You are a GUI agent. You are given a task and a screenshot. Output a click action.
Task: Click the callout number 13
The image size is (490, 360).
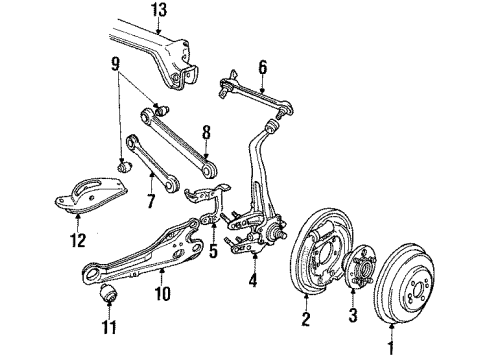[x=159, y=10]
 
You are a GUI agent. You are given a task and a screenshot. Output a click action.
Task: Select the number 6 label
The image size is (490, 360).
[x=263, y=68]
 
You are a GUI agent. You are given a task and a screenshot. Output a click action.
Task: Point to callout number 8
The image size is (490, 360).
[x=206, y=133]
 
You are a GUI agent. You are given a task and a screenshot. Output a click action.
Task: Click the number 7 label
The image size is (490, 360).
[x=151, y=201]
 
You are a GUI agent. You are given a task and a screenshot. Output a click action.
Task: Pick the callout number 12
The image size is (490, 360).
[x=78, y=240]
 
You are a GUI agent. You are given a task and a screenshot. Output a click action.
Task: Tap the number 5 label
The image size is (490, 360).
[x=213, y=251]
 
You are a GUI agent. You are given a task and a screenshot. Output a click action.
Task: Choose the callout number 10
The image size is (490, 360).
[x=162, y=293]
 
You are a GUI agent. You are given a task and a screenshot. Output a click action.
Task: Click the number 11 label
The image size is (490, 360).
[x=109, y=327]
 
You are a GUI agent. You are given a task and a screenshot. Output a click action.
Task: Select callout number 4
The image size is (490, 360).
[x=253, y=279]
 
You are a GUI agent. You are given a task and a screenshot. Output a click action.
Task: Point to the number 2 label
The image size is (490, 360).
[x=306, y=318]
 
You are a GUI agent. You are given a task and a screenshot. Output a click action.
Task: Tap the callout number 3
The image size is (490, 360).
[x=353, y=315]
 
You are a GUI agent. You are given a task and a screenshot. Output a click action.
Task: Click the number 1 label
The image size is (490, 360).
[x=391, y=347]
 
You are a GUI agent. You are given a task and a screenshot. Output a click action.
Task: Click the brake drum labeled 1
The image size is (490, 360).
[x=404, y=284]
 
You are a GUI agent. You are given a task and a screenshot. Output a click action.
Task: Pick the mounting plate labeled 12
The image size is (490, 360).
[x=91, y=195]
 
